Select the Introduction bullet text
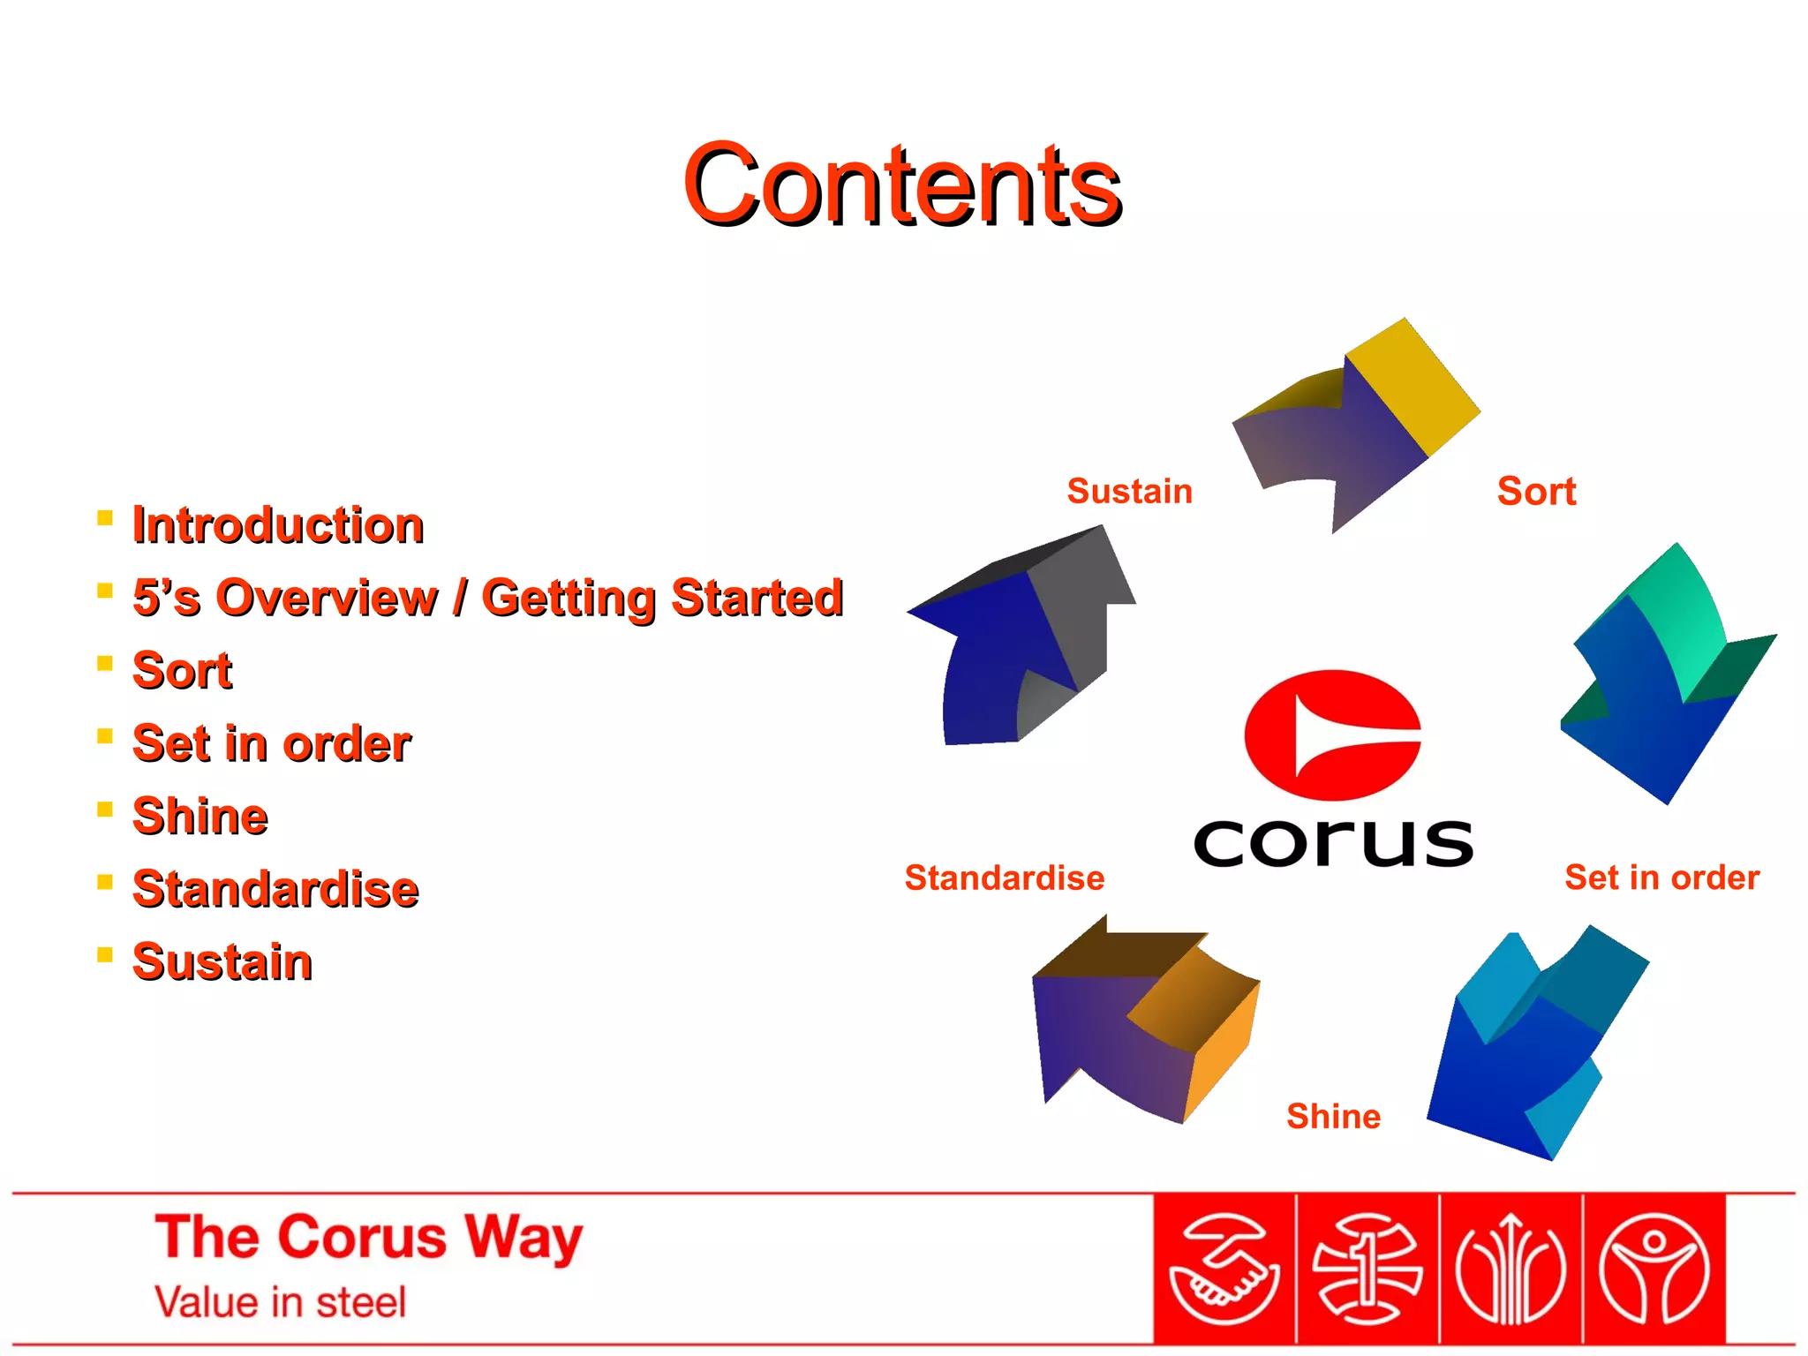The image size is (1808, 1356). pos(278,525)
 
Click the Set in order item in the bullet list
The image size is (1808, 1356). pos(271,743)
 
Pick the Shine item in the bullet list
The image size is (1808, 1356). pos(200,816)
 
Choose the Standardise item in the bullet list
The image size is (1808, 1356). pos(275,889)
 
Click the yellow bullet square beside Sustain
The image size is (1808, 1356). pos(105,954)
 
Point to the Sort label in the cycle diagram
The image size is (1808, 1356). pos(1536,491)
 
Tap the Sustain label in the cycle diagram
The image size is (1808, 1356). pos(1129,491)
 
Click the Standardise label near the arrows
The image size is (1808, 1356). pos(1004,878)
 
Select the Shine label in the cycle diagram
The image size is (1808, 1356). pos(1333,1116)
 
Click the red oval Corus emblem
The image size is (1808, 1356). pos(1332,735)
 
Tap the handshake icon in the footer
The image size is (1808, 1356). pos(1224,1269)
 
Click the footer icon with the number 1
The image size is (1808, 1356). pos(1367,1269)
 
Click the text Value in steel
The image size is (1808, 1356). pos(280,1302)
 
